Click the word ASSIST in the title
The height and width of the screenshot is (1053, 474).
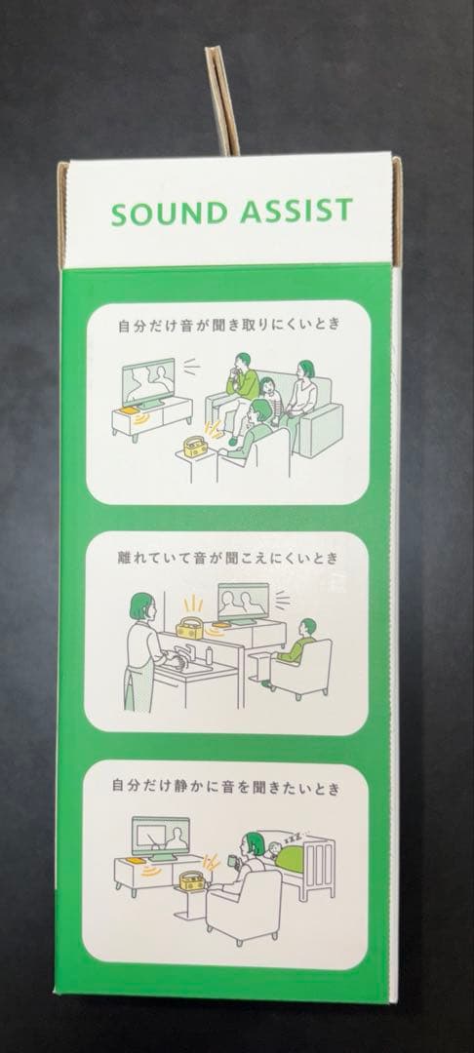[296, 211]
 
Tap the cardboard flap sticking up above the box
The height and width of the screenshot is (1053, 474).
[223, 100]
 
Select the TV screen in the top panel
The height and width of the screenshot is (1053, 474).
[148, 382]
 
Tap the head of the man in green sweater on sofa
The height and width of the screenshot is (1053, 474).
[243, 362]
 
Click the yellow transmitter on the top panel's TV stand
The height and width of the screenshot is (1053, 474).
[128, 410]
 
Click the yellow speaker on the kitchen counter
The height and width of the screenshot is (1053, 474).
[189, 628]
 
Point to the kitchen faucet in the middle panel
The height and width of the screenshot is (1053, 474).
[182, 652]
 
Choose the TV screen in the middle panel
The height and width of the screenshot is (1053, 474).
[243, 601]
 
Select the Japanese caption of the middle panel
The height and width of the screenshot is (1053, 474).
[227, 558]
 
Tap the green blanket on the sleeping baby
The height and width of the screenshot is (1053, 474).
[290, 859]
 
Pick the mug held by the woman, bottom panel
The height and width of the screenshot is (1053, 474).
[231, 860]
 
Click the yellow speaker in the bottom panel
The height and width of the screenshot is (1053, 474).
[192, 881]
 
